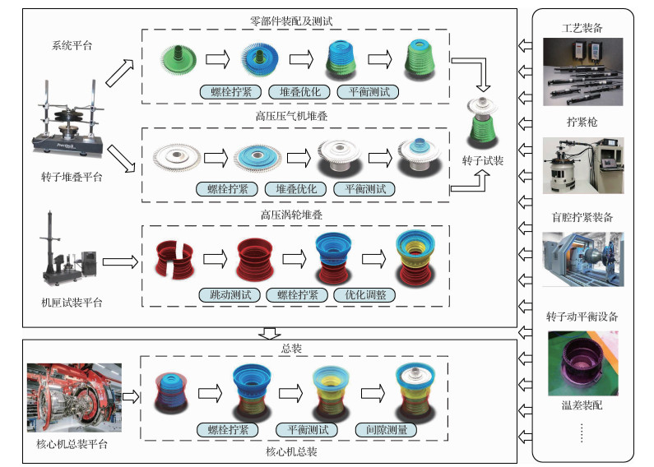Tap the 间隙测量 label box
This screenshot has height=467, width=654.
pos(386,429)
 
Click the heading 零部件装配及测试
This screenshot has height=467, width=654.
pos(296,20)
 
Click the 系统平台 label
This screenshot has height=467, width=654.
pos(72,46)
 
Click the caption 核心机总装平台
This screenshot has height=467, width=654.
pos(73,444)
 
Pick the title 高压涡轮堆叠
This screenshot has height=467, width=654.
pos(296,215)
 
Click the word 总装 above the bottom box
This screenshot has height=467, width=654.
pos(292,349)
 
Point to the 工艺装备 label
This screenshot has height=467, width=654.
pos(586,28)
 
